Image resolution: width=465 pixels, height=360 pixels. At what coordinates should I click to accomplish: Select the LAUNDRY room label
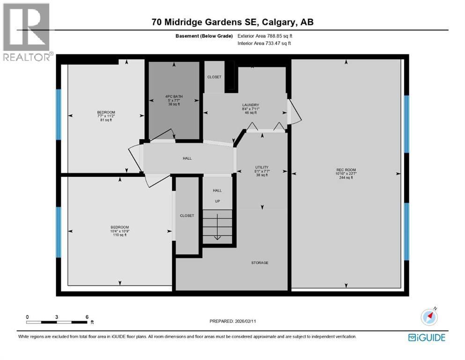pos(251,105)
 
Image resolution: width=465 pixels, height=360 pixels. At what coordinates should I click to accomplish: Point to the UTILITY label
pos(261,167)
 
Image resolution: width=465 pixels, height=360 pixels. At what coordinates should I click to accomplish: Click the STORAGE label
pos(259,263)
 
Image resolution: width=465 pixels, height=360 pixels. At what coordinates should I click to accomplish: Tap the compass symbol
pos(429,317)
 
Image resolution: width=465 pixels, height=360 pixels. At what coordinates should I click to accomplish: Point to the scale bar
pos(57,322)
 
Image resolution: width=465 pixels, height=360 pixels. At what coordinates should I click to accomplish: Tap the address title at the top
pos(232,22)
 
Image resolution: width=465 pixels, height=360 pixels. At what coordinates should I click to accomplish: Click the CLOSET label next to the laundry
pos(214,77)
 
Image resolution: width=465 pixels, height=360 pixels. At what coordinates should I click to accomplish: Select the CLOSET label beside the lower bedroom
pos(187,216)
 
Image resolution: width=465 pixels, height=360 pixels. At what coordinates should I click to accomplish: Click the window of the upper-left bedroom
pos(59,114)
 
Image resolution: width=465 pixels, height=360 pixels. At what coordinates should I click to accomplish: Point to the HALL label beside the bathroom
pos(187,158)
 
